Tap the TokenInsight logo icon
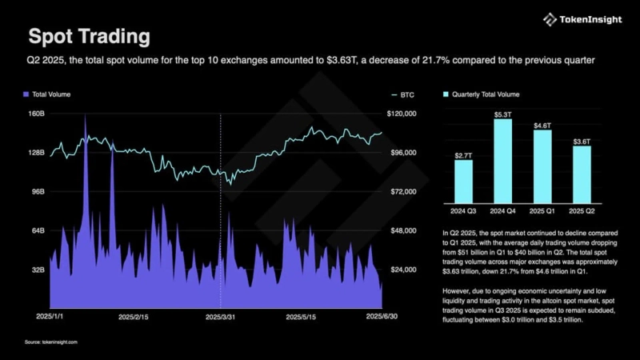[x=550, y=19]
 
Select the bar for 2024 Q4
[x=502, y=160]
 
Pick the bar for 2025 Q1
[x=542, y=166]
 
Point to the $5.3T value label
[x=502, y=114]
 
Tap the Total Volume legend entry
[x=50, y=94]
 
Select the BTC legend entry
[x=406, y=94]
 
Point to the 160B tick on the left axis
[x=36, y=114]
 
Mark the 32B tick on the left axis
[x=38, y=270]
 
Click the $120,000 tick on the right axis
[x=402, y=114]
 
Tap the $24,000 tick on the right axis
[x=402, y=270]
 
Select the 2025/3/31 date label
[x=220, y=317]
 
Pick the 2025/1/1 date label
[x=50, y=317]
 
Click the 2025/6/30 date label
[x=381, y=317]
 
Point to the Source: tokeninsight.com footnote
[x=50, y=342]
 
